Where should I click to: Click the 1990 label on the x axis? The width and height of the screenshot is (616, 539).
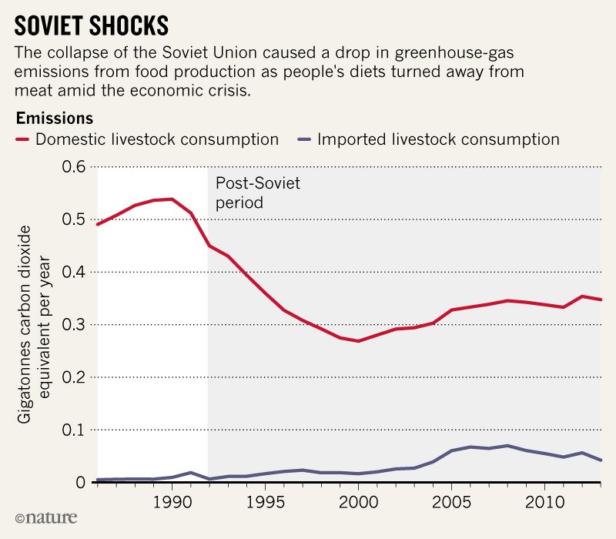172,500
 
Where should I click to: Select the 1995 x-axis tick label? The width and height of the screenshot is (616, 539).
265,500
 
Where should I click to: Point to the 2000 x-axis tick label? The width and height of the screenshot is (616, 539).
358,500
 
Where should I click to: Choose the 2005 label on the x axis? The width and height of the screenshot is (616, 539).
451,500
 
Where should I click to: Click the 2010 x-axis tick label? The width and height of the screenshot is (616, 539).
544,500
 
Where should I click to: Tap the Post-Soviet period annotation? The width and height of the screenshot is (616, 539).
257,193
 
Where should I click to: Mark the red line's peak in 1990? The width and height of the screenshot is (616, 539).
172,199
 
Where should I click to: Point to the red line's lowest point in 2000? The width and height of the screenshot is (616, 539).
358,340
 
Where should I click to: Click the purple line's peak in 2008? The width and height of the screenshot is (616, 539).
507,445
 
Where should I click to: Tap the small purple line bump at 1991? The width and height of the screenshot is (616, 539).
190,472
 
